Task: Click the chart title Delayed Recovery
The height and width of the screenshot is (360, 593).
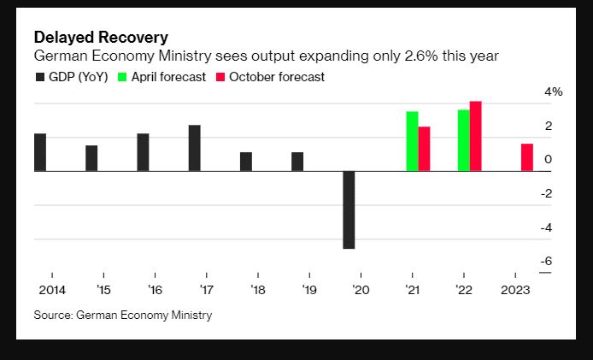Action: (x=100, y=38)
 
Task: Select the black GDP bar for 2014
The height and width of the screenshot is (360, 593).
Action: (x=40, y=152)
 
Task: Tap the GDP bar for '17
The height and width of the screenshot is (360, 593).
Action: (x=195, y=148)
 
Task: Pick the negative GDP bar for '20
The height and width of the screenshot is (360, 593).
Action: (x=349, y=210)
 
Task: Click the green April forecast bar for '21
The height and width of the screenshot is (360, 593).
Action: (x=412, y=141)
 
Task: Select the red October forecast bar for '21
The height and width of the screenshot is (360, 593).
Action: (x=424, y=149)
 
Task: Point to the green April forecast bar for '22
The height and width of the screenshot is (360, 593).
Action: (x=463, y=140)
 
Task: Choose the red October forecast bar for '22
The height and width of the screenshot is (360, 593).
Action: (x=476, y=136)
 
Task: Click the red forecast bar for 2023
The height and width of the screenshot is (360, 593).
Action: (x=527, y=157)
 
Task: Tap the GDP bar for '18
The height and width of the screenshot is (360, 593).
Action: (x=246, y=162)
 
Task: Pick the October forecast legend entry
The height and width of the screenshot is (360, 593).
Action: (x=272, y=77)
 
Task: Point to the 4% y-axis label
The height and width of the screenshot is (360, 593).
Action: (x=554, y=92)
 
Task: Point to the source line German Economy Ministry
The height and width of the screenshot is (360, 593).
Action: (x=122, y=316)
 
